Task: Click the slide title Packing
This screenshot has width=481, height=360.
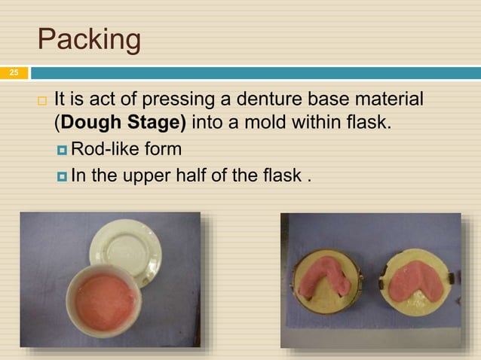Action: [89, 39]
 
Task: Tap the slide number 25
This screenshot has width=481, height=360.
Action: [13, 73]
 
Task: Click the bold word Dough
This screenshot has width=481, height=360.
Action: [97, 122]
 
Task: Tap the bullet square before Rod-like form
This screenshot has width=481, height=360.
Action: [62, 149]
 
